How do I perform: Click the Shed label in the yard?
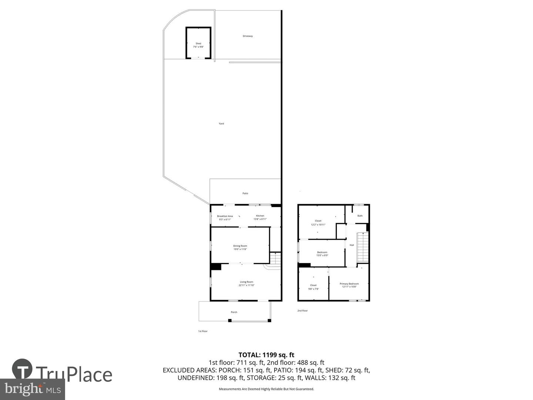click(198, 44)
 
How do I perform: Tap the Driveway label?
click(248, 36)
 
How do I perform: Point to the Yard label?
click(221, 124)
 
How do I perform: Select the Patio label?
click(245, 193)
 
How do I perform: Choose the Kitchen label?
click(260, 216)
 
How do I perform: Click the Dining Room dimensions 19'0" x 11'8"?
click(240, 249)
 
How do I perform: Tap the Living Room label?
click(246, 282)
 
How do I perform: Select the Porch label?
click(234, 312)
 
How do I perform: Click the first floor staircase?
click(275, 258)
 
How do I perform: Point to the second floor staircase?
click(363, 247)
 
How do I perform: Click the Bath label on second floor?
click(360, 216)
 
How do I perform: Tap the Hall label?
click(352, 245)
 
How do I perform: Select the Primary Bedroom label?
click(349, 284)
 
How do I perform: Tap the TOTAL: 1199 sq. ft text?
click(266, 355)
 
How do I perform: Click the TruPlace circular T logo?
click(22, 369)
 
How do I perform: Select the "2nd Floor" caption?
click(302, 311)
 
